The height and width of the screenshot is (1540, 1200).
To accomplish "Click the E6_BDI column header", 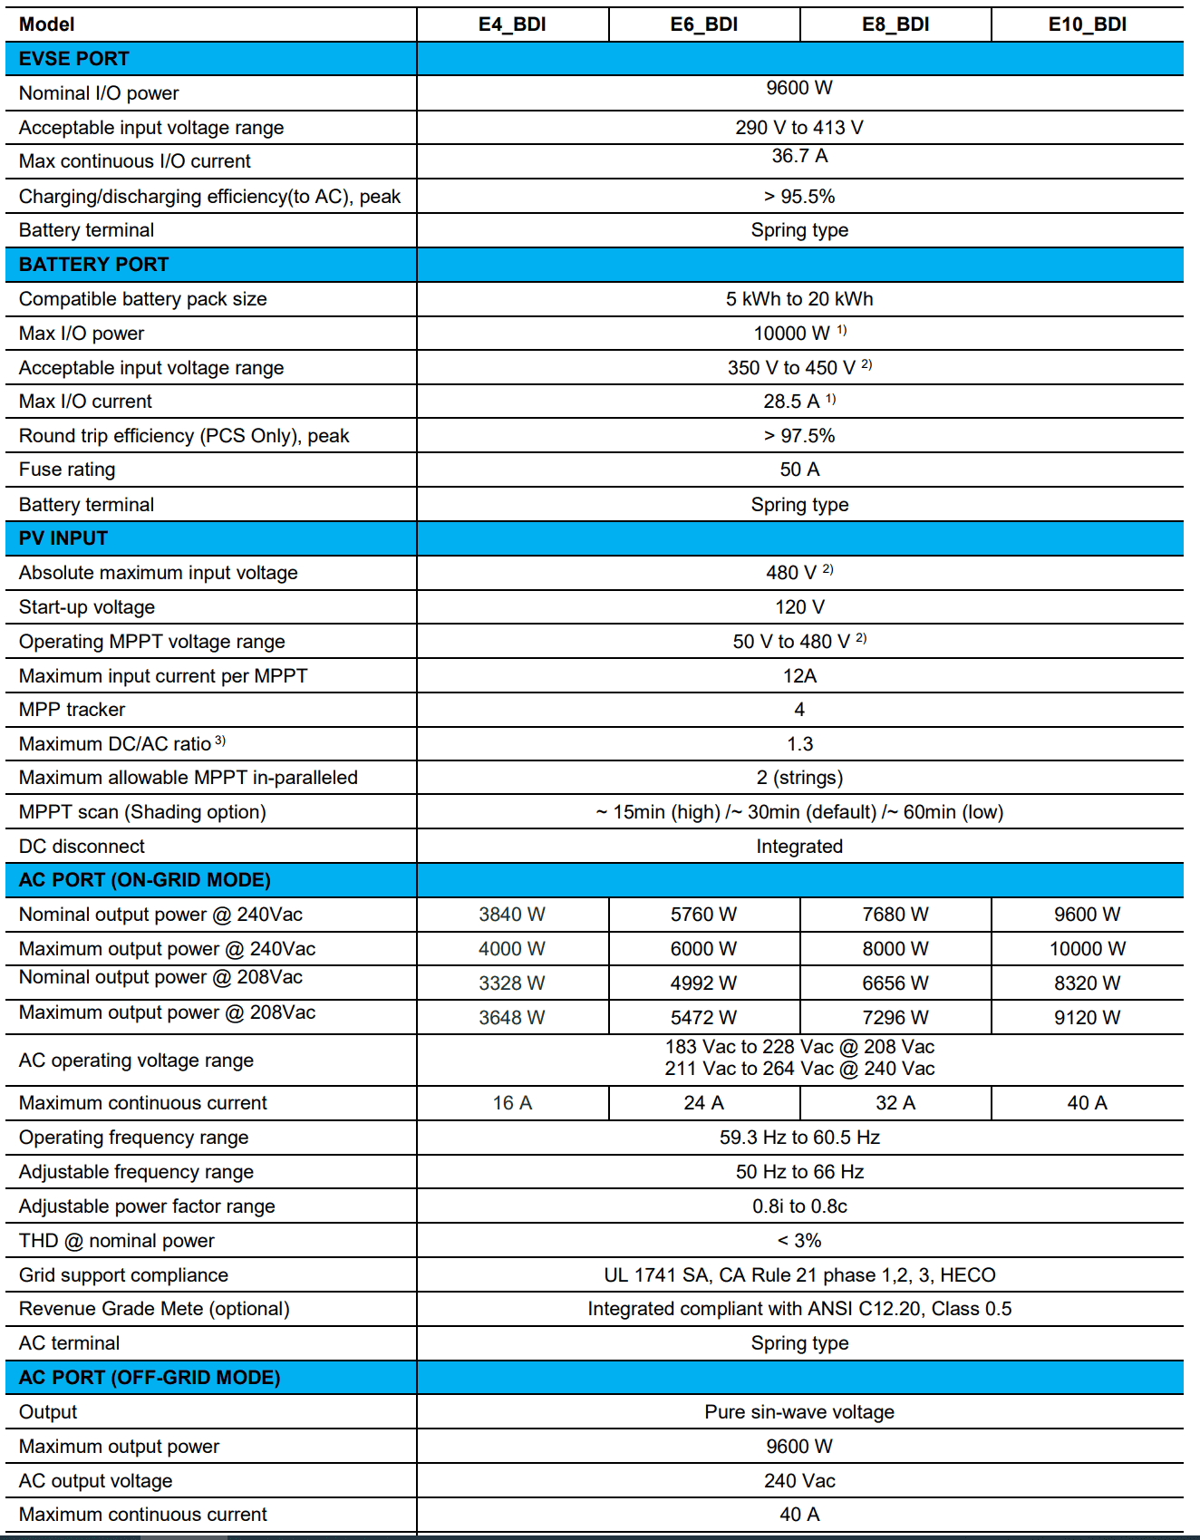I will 703,24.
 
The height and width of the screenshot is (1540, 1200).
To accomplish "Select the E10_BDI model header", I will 1087,24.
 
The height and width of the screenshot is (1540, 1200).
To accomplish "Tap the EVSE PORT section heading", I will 74,59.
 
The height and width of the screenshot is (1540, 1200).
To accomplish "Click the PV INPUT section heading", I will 63,538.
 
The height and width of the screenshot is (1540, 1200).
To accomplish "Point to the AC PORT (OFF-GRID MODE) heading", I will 150,1378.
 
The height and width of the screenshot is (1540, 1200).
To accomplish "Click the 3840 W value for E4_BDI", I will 512,915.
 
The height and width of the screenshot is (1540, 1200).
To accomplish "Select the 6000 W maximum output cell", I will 703,949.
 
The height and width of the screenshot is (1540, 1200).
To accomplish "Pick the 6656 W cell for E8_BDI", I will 895,983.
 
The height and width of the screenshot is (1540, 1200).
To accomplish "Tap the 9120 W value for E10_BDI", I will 1087,1018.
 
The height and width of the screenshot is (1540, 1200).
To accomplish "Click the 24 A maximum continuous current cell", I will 703,1103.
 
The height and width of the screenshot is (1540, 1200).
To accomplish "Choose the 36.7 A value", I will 799,156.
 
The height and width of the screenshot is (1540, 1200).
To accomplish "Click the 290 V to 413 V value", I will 799,128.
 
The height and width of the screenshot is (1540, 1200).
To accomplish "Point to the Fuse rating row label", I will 67,470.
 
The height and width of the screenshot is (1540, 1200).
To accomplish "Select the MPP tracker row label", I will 73,710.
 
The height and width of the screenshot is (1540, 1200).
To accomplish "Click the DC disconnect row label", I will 82,847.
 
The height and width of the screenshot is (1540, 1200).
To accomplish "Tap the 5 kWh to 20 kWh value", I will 799,299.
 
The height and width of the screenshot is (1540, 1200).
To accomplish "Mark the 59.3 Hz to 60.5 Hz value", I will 799,1138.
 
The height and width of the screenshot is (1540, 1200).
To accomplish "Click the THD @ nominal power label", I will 117,1241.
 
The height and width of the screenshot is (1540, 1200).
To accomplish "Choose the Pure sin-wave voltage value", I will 799,1412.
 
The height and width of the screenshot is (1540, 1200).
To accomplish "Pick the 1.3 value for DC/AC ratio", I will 799,744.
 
